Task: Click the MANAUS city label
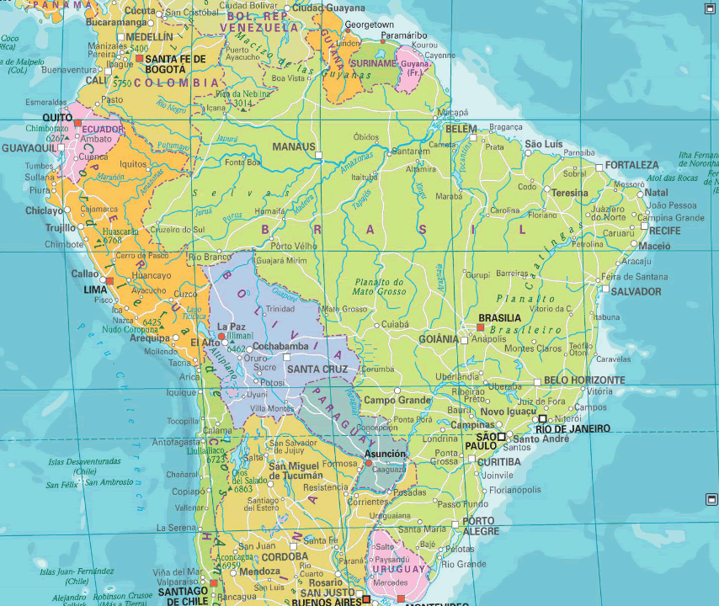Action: pyautogui.click(x=293, y=147)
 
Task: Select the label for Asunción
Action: pyautogui.click(x=385, y=454)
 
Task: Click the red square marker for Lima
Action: pyautogui.click(x=109, y=280)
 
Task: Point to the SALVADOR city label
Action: pyautogui.click(x=636, y=291)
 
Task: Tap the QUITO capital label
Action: pyautogui.click(x=57, y=117)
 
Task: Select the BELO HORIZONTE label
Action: pyautogui.click(x=584, y=380)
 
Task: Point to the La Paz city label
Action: pyautogui.click(x=231, y=327)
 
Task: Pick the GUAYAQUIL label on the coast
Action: pyautogui.click(x=29, y=147)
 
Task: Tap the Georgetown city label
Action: pyautogui.click(x=369, y=25)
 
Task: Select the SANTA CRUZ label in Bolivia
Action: pyautogui.click(x=317, y=369)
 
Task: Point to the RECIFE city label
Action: pyautogui.click(x=664, y=230)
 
